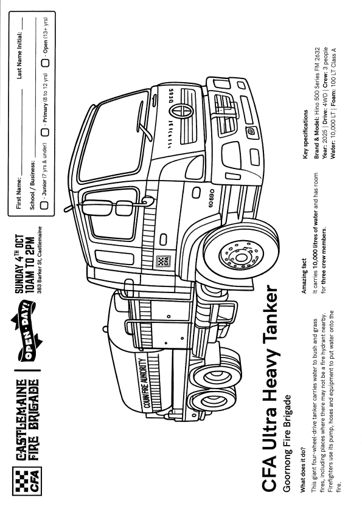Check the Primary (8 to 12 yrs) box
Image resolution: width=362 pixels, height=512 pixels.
pos(45,132)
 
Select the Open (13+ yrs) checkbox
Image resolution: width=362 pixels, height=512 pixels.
pos(45,63)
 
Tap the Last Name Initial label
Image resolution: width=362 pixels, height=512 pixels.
pos(19,55)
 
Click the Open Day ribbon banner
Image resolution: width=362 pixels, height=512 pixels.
pos(27,329)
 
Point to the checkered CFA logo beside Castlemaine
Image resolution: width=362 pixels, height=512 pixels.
pos(27,481)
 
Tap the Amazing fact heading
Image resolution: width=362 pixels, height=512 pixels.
pos(304,276)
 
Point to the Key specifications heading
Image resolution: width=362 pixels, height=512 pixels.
pos(305,134)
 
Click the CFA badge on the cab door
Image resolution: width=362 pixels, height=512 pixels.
pos(162,261)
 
